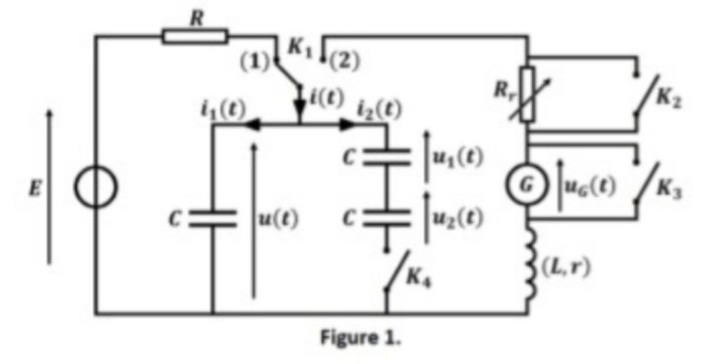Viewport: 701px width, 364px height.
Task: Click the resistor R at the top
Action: click(195, 35)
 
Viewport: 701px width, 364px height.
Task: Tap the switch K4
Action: click(396, 273)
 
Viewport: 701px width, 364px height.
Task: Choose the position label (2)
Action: click(344, 62)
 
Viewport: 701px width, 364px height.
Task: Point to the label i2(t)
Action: click(380, 108)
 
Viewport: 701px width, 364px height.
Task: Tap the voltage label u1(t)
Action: click(458, 158)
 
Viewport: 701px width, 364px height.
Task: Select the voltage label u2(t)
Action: click(458, 219)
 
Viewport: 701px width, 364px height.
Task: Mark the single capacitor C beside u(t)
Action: click(212, 219)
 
